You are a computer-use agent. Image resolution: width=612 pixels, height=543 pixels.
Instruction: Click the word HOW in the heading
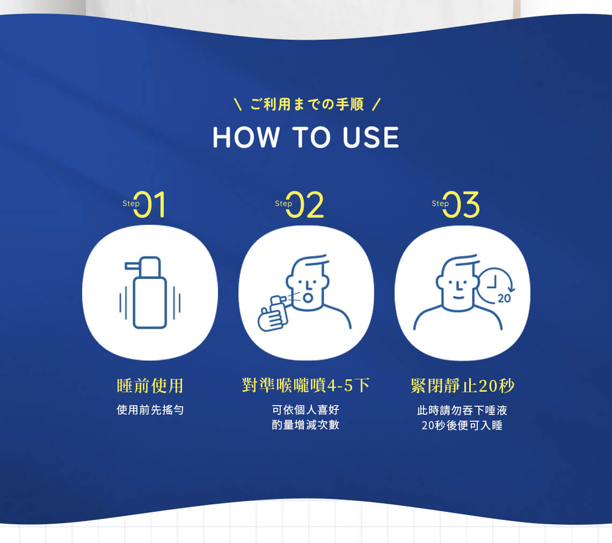(x=246, y=137)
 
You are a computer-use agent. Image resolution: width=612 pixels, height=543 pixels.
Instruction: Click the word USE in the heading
(x=371, y=137)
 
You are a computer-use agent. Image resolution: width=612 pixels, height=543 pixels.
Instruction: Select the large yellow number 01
(x=149, y=204)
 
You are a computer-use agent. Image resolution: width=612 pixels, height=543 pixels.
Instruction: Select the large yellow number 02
(x=305, y=204)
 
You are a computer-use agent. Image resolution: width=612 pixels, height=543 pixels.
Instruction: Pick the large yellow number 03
(x=461, y=204)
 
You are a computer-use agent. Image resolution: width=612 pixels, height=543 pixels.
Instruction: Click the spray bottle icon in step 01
(x=150, y=292)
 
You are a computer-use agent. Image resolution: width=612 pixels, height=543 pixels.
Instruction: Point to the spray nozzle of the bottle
(x=132, y=266)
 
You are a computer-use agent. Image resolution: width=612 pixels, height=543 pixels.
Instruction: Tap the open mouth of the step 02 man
(x=308, y=298)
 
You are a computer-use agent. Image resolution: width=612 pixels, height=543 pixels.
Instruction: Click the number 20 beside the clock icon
(x=504, y=298)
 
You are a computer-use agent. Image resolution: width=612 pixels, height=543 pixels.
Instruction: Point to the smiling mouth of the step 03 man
(x=458, y=297)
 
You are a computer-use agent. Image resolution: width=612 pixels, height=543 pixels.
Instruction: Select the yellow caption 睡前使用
(x=150, y=386)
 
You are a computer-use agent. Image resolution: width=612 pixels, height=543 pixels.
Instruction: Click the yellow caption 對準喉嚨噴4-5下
(x=305, y=385)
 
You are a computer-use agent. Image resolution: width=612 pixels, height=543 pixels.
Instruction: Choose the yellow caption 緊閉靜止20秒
(x=463, y=386)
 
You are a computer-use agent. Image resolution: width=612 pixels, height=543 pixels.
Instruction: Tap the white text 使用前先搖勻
(x=150, y=409)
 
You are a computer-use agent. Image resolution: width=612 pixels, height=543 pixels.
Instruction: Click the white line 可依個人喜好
(x=305, y=409)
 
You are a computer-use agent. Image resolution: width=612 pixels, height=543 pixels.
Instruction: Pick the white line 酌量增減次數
(x=305, y=424)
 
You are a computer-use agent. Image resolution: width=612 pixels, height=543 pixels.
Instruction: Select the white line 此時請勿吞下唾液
(x=462, y=410)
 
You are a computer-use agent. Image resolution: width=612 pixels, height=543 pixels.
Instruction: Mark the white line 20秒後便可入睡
(x=462, y=425)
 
